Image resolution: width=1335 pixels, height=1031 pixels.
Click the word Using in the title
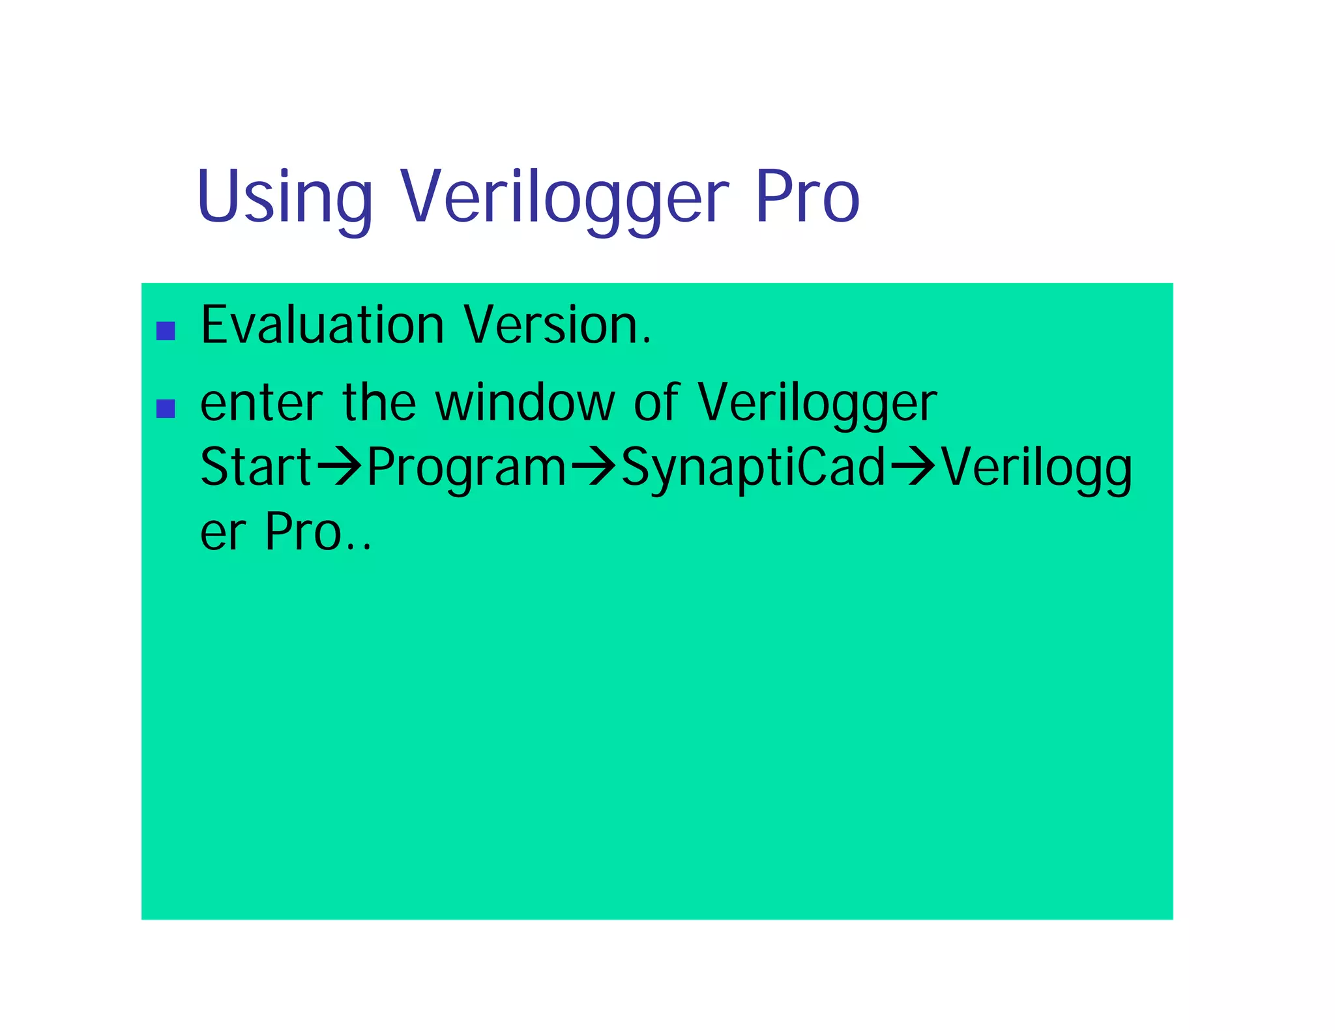(x=284, y=197)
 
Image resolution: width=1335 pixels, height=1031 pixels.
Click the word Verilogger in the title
(x=564, y=197)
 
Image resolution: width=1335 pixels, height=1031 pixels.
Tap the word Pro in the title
(x=807, y=197)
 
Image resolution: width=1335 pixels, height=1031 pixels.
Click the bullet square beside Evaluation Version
(x=166, y=331)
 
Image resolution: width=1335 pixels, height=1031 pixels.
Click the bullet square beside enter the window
(x=166, y=409)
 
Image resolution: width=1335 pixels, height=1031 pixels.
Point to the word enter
(x=261, y=403)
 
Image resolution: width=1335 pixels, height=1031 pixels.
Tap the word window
(x=525, y=403)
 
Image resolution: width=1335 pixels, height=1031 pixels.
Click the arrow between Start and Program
(x=338, y=467)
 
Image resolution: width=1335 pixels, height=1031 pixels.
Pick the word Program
(x=467, y=468)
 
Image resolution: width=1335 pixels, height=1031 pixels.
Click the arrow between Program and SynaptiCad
(x=593, y=467)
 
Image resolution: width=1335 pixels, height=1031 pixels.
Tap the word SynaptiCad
(x=754, y=468)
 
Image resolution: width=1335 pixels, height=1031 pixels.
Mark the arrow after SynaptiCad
(x=913, y=467)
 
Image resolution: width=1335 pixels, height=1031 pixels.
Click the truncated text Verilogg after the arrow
(x=1036, y=468)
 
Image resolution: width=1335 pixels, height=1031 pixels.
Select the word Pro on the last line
(x=304, y=532)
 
